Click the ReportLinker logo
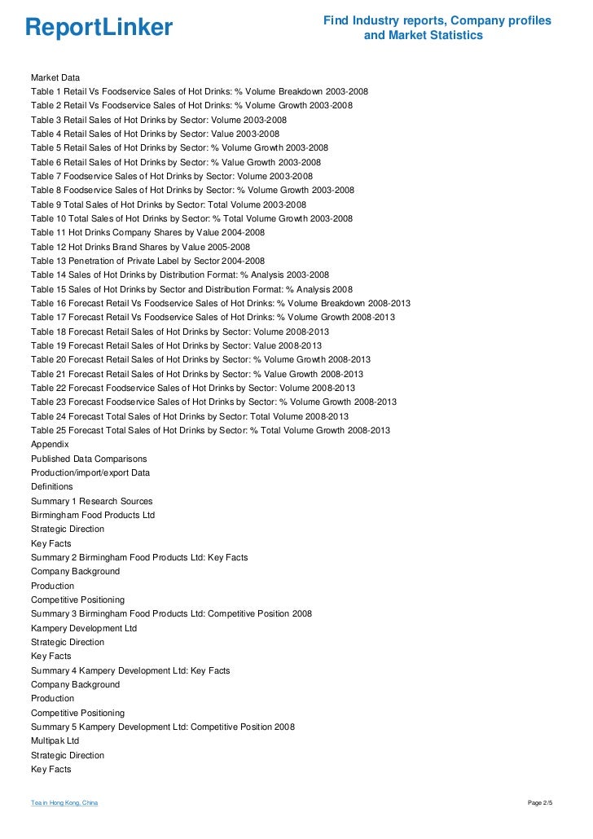click(99, 29)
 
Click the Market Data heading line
click(55, 77)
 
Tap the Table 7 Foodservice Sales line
click(171, 176)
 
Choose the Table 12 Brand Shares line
click(140, 246)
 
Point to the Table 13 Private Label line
click(147, 261)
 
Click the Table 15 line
click(191, 288)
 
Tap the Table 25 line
click(210, 430)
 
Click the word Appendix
click(50, 444)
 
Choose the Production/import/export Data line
click(90, 472)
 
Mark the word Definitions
click(52, 486)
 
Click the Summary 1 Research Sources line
click(91, 501)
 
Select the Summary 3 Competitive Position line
click(171, 613)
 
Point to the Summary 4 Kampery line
click(130, 670)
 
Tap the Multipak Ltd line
click(55, 740)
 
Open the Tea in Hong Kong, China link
click(64, 803)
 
